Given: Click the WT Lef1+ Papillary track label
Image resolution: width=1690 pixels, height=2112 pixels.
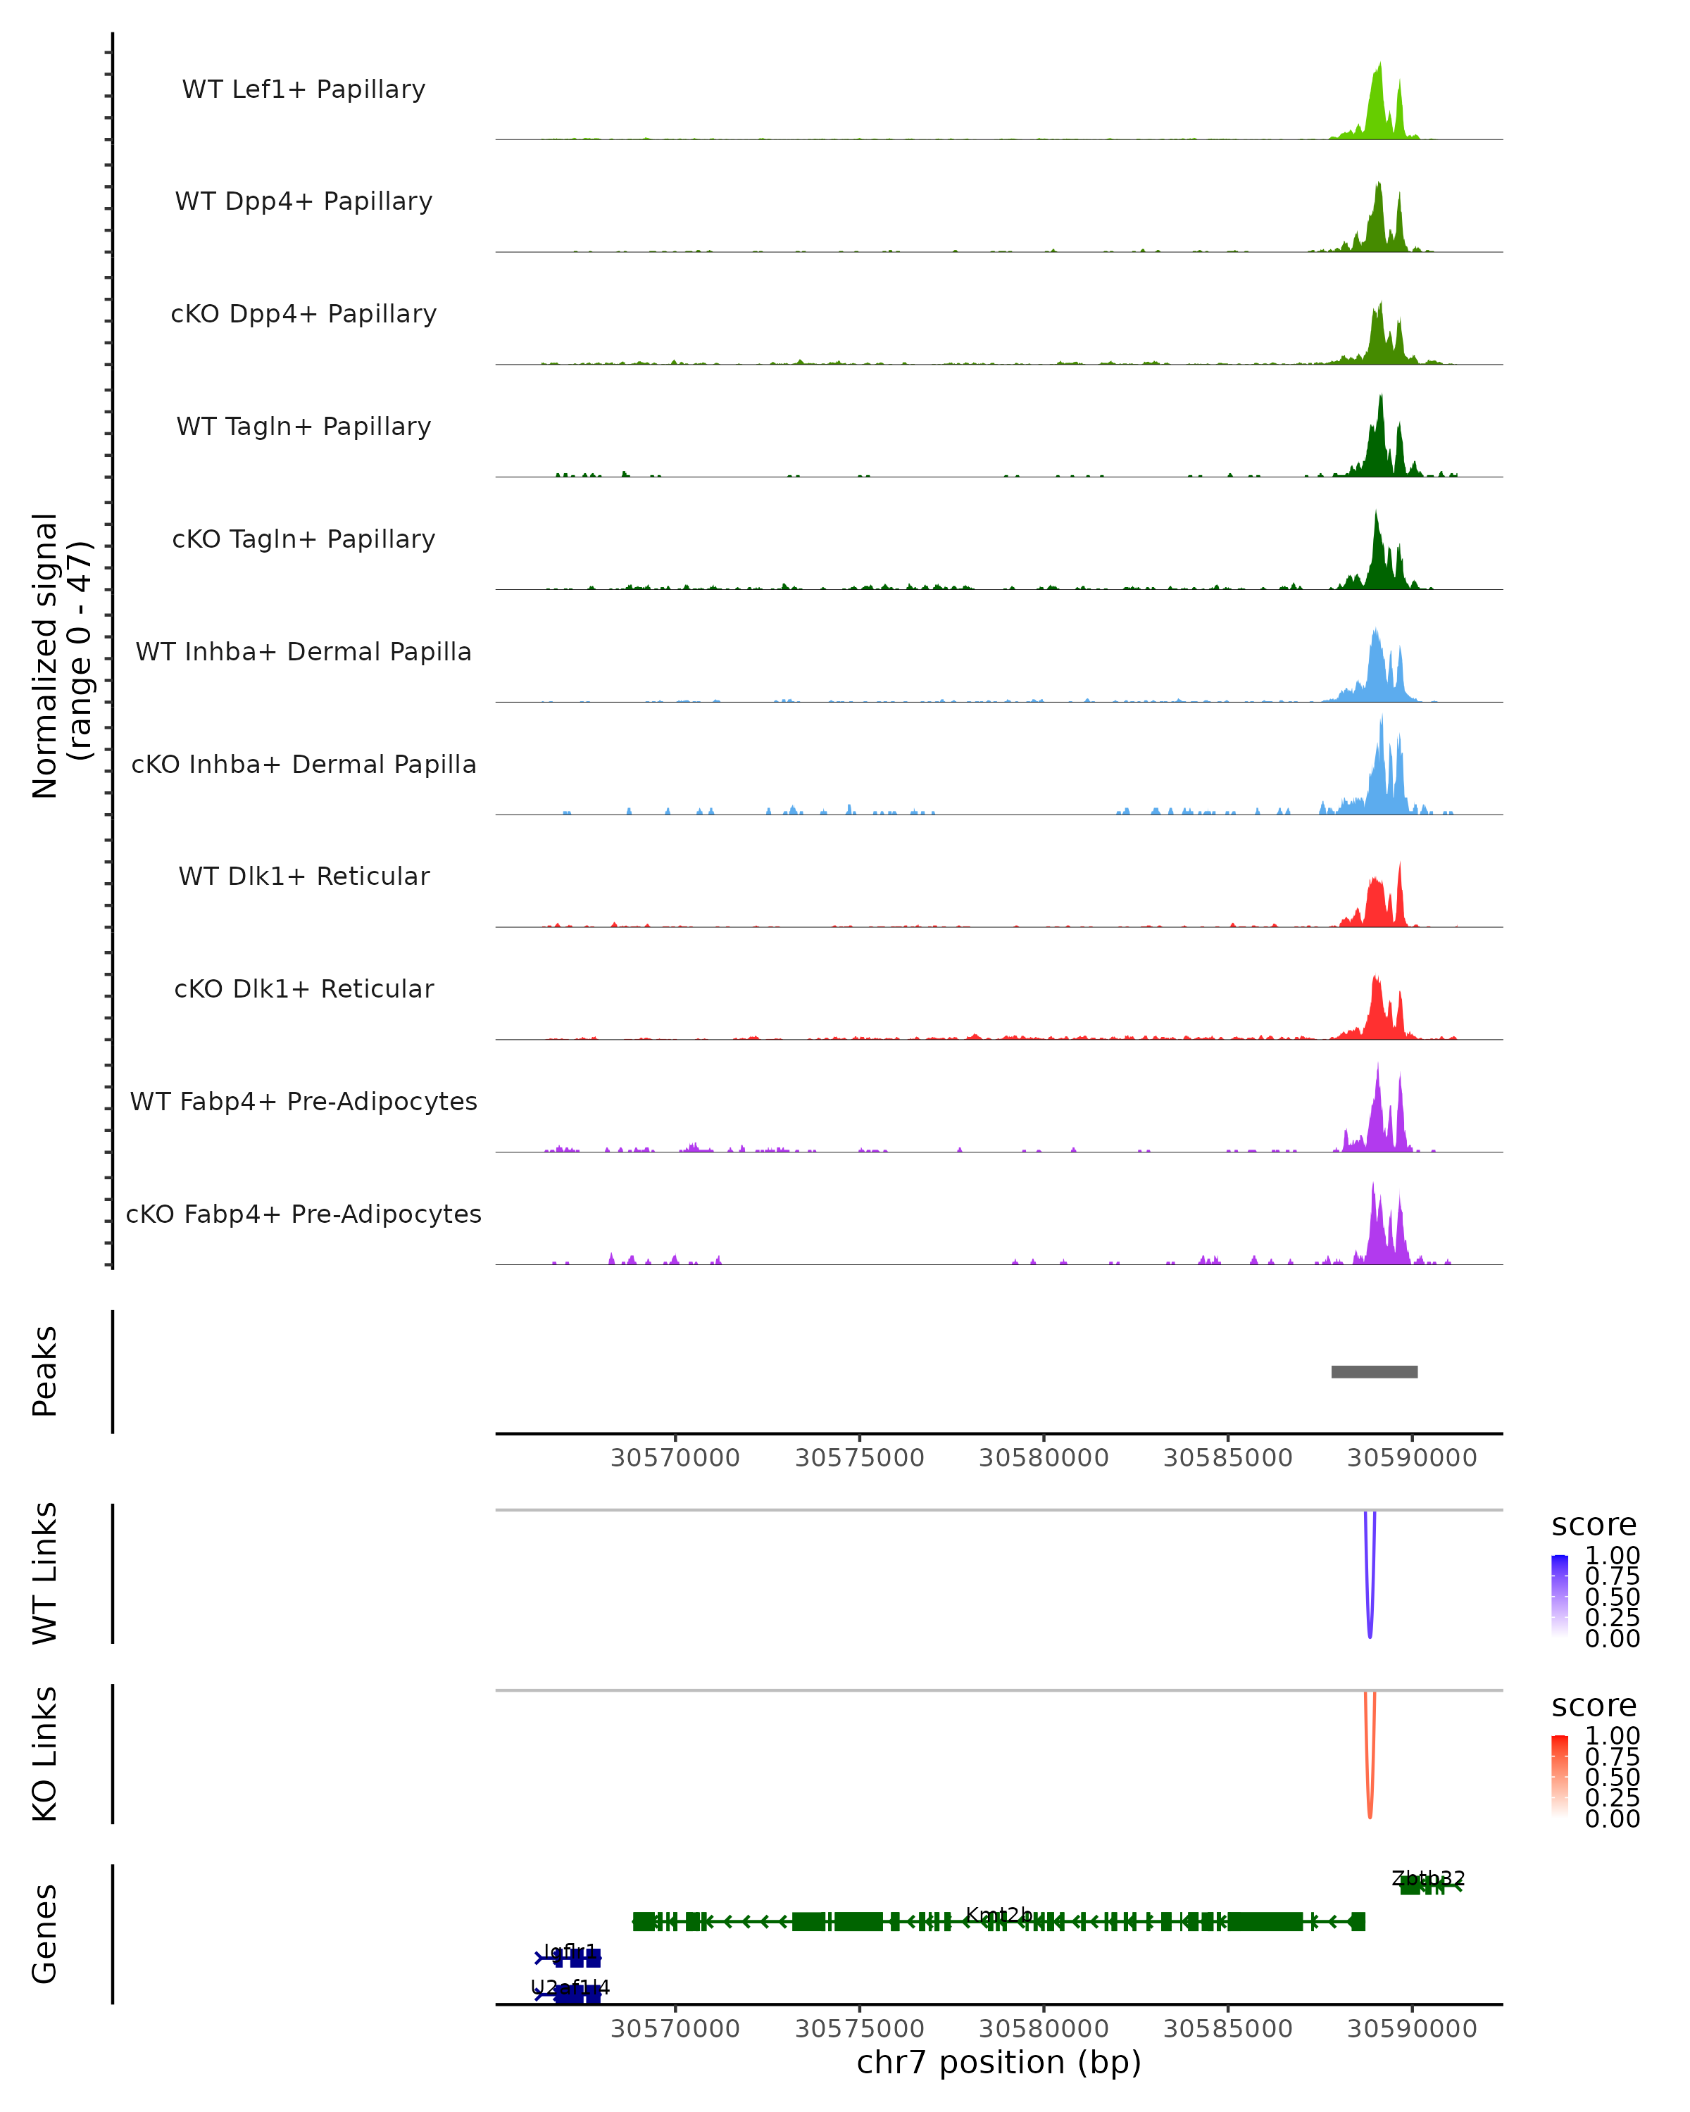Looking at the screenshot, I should point(303,89).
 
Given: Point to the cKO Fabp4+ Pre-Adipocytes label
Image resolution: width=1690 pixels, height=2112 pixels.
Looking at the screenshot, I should point(303,1214).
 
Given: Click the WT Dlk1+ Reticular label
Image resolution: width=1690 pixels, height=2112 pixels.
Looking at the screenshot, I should point(303,876).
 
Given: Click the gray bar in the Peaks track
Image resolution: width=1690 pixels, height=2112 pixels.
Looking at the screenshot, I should point(1374,1371).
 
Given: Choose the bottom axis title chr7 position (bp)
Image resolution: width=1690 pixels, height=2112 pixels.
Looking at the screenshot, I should point(999,2062).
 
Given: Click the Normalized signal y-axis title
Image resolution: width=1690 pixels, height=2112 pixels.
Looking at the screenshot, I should point(61,655).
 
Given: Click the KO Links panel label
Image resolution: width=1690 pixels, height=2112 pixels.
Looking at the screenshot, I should point(45,1754).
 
